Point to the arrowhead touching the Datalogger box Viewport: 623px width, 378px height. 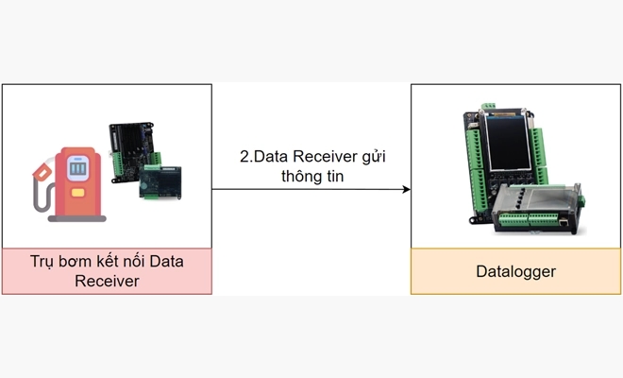coord(406,189)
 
